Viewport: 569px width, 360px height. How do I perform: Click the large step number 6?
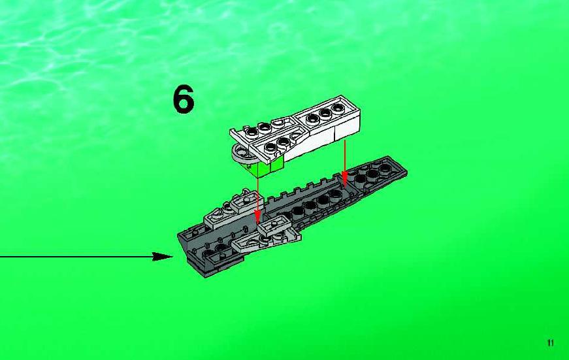(x=184, y=99)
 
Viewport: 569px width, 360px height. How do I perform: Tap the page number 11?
(x=551, y=342)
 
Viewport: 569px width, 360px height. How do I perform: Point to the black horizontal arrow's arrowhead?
(x=163, y=257)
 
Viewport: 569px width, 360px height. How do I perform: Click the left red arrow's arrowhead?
(x=257, y=218)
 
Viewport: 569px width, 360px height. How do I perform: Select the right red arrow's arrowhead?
(x=344, y=178)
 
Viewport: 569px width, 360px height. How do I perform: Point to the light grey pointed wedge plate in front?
(x=265, y=241)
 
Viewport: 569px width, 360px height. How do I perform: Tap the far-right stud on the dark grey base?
(x=385, y=168)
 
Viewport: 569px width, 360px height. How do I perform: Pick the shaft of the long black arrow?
(x=76, y=257)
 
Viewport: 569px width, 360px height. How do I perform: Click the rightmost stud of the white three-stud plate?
(x=338, y=107)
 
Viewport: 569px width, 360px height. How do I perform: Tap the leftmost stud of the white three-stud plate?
(x=312, y=118)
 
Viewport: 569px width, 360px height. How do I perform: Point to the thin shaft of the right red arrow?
(x=345, y=156)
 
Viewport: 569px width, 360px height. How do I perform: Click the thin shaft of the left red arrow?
(x=257, y=195)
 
